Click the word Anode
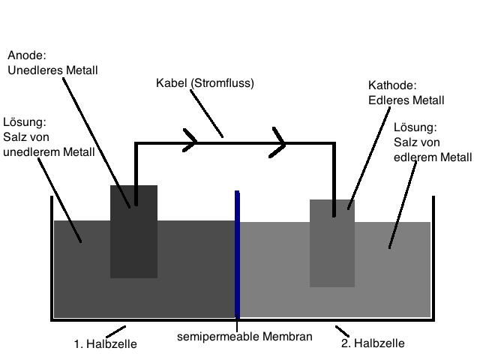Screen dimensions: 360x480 (25, 55)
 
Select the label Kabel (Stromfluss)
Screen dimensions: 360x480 (205, 82)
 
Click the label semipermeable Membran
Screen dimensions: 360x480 (244, 337)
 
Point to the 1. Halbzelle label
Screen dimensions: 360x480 (105, 344)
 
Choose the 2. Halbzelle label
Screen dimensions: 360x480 (373, 343)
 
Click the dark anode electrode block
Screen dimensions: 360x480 (133, 240)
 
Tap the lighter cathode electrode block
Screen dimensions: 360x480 (331, 247)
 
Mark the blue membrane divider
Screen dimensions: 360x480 (237, 255)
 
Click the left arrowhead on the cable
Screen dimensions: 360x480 (190, 141)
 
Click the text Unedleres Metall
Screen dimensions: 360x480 (52, 70)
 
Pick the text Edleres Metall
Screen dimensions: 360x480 (406, 100)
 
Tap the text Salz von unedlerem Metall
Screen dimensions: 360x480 (49, 145)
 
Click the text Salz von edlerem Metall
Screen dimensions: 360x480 (432, 149)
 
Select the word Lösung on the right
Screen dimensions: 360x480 (414, 127)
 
